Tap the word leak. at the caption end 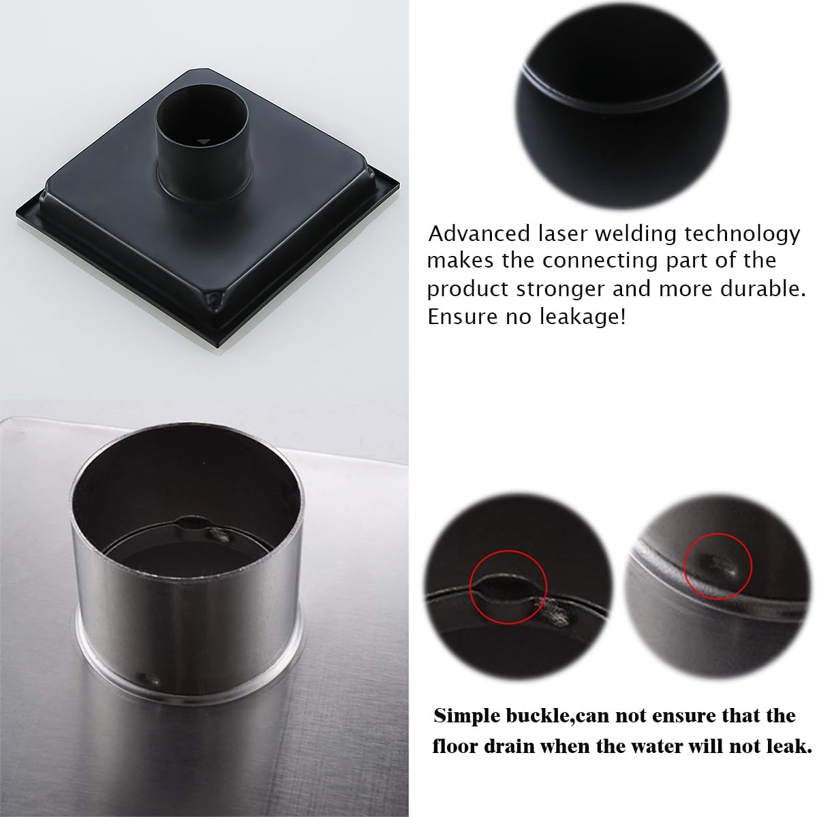[791, 746]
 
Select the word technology [743, 234]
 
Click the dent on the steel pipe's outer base [147, 678]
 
